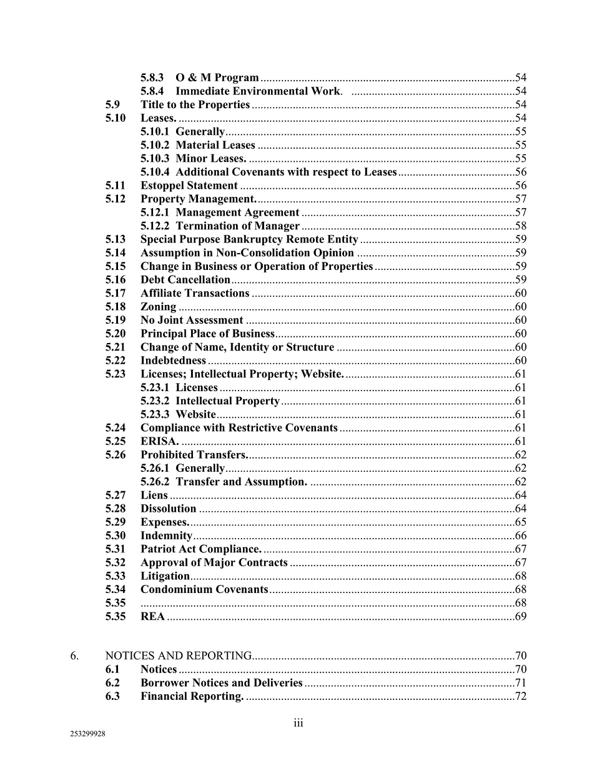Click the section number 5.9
click(112, 104)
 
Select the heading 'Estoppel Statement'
click(189, 186)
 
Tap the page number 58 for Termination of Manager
click(521, 226)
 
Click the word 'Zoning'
click(158, 307)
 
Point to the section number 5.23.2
click(155, 401)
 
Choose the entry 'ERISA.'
click(159, 441)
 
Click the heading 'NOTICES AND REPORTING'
click(178, 656)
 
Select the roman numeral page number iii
click(298, 723)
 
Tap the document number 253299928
click(87, 734)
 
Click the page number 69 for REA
click(521, 616)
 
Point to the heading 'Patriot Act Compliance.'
click(200, 549)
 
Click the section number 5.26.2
click(155, 482)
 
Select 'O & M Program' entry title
click(217, 77)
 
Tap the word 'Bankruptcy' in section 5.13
click(255, 239)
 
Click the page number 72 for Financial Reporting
click(521, 696)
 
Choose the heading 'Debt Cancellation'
click(185, 280)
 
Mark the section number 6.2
click(112, 682)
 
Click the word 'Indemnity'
click(166, 536)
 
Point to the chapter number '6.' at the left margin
click(74, 656)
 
